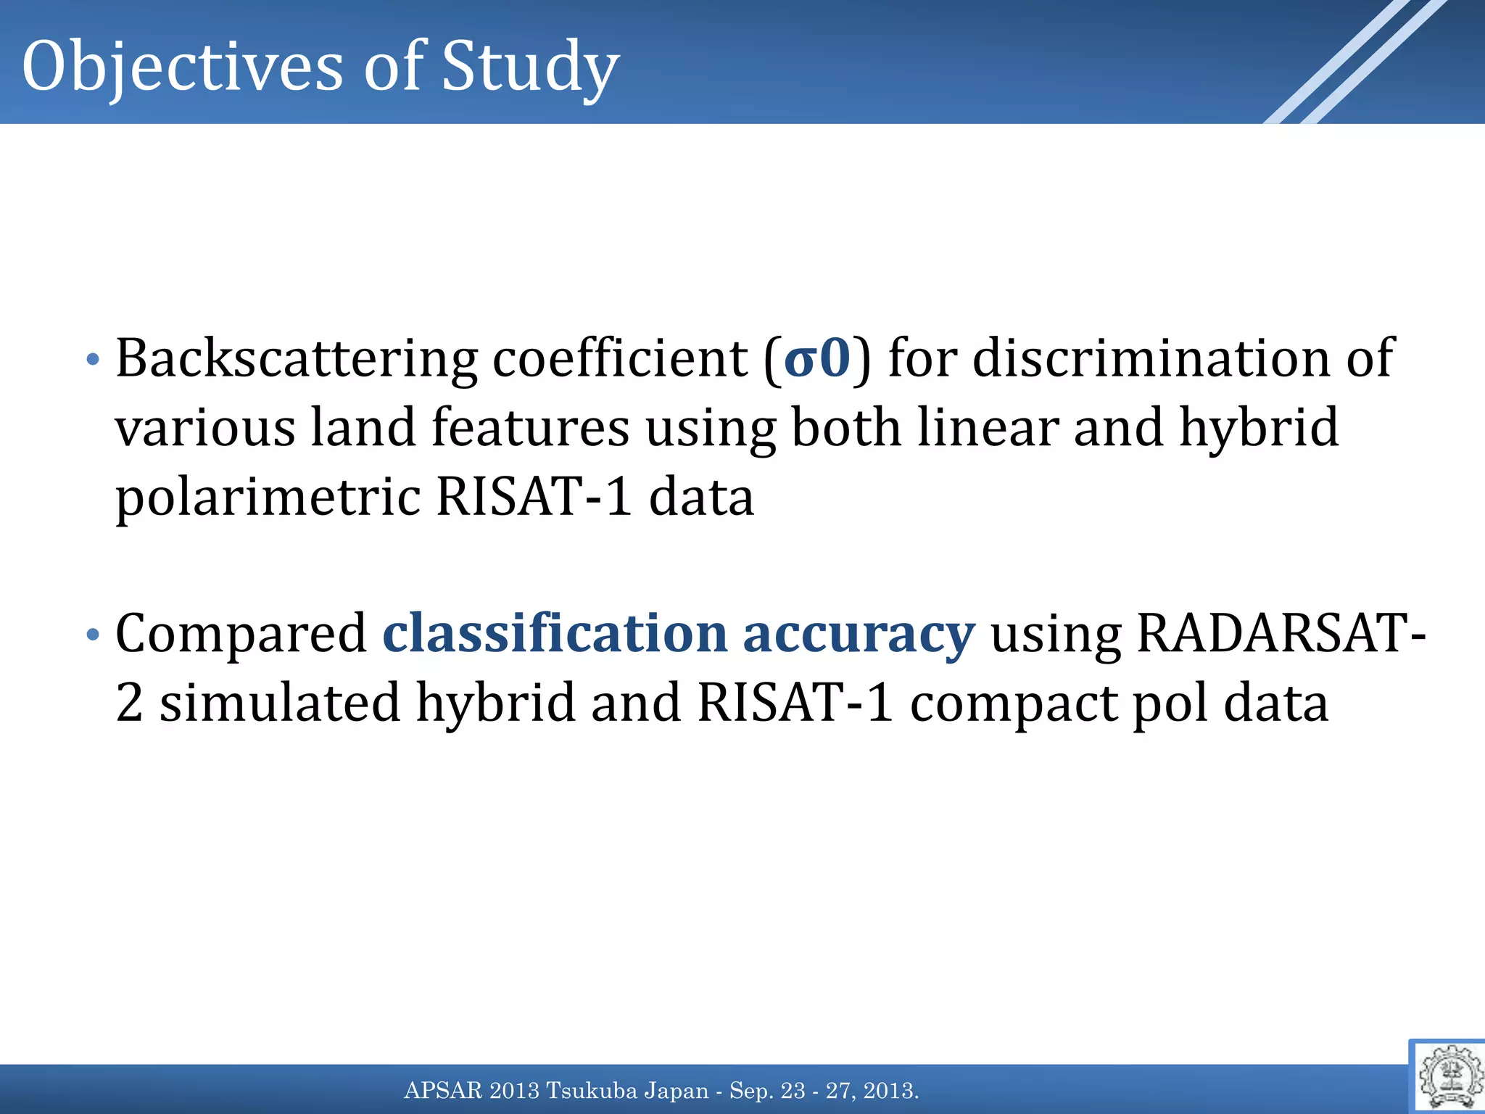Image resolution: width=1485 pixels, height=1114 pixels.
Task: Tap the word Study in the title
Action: pos(530,67)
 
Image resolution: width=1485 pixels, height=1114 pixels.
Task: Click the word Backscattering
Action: pos(297,360)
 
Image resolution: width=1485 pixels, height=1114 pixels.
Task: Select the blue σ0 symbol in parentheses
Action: pos(817,358)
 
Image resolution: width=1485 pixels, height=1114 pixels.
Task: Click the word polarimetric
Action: pos(268,498)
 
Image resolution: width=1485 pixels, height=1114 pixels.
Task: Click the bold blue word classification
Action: pos(555,634)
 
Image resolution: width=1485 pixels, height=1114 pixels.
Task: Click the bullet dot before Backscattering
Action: pos(92,360)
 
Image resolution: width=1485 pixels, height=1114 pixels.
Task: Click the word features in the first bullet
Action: pos(530,428)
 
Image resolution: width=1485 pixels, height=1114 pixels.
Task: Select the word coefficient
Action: pos(620,358)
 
